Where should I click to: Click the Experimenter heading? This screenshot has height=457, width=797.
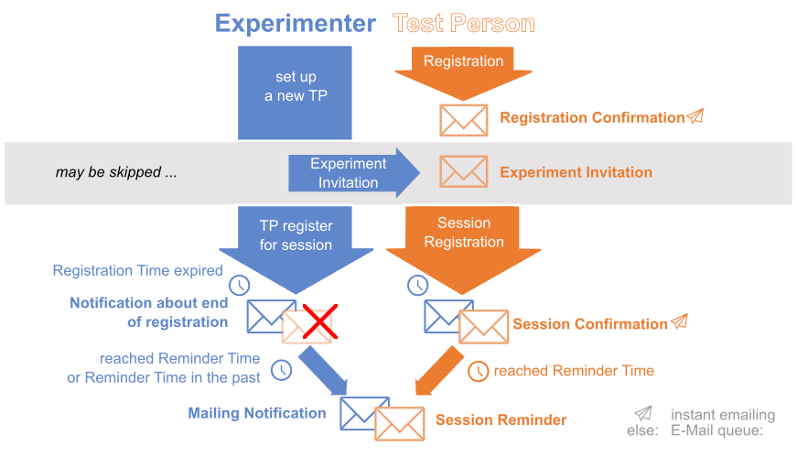[295, 24]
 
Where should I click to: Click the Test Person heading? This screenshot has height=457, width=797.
[463, 24]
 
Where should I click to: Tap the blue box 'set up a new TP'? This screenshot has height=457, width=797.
[296, 87]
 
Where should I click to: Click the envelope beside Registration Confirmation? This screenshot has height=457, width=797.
[464, 120]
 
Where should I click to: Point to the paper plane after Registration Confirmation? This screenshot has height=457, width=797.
[695, 116]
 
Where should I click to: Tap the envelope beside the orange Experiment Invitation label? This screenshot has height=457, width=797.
[464, 171]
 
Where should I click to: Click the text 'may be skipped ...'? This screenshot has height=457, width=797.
[115, 172]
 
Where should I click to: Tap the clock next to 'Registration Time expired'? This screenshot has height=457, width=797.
[239, 285]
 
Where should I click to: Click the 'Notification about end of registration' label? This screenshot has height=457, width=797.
[148, 312]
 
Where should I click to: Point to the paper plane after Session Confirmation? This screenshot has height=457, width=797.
[679, 321]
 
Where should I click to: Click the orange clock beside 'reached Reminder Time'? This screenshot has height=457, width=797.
[479, 371]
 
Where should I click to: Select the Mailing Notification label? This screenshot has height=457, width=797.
[257, 413]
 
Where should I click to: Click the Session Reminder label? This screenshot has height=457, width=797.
[501, 420]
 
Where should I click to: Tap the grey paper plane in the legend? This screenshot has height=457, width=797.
[643, 413]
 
